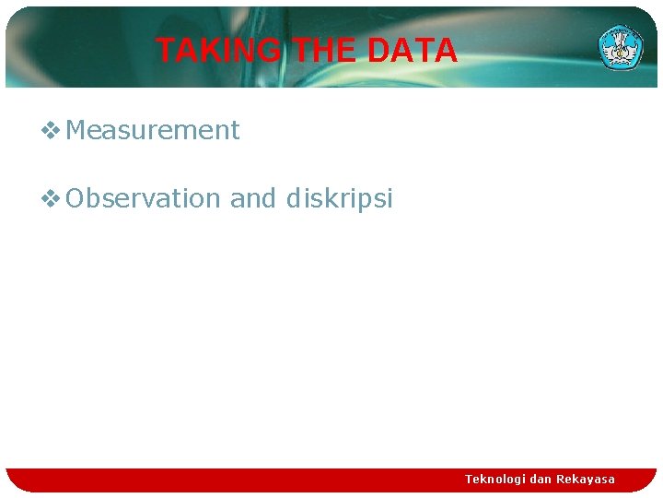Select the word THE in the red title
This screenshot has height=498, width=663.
[324, 51]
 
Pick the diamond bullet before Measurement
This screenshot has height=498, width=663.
[52, 131]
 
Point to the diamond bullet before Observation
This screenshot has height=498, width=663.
[52, 198]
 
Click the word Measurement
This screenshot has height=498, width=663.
[153, 130]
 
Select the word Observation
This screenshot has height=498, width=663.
[144, 198]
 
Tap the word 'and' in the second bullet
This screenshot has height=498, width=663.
[253, 198]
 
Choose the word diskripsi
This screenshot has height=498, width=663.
[340, 198]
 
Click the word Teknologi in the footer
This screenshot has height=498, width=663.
[495, 480]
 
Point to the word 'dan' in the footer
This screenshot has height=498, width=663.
[541, 480]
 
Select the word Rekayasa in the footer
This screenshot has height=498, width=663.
[586, 480]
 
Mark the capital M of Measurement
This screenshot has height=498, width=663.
[76, 130]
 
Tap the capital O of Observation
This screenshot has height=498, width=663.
[76, 198]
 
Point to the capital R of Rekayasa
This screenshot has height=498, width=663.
[561, 480]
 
